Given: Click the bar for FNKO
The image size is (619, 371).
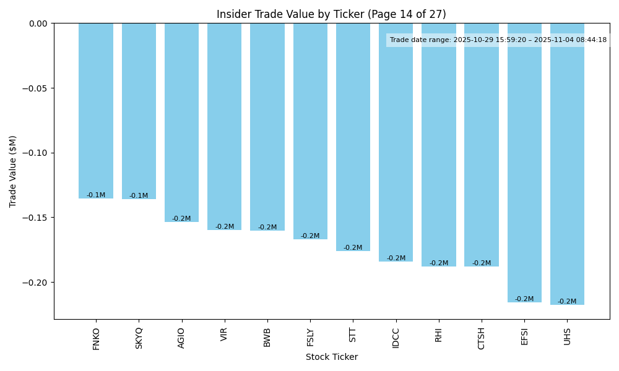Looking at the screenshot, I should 96,111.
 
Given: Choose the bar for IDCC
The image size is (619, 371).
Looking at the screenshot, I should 396,142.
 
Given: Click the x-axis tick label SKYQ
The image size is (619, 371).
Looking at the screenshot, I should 139,338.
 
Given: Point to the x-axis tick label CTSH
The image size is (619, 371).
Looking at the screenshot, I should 482,338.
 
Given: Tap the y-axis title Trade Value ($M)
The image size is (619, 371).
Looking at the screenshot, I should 13,171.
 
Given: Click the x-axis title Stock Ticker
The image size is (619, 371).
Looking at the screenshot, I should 331,357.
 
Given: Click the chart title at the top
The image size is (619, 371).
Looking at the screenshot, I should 331,14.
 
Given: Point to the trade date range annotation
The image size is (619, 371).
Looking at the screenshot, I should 498,40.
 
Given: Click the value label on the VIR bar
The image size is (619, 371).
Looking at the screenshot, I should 225,227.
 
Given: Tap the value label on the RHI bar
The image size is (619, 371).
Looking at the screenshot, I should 439,263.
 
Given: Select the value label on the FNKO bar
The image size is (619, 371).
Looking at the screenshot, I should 96,195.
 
